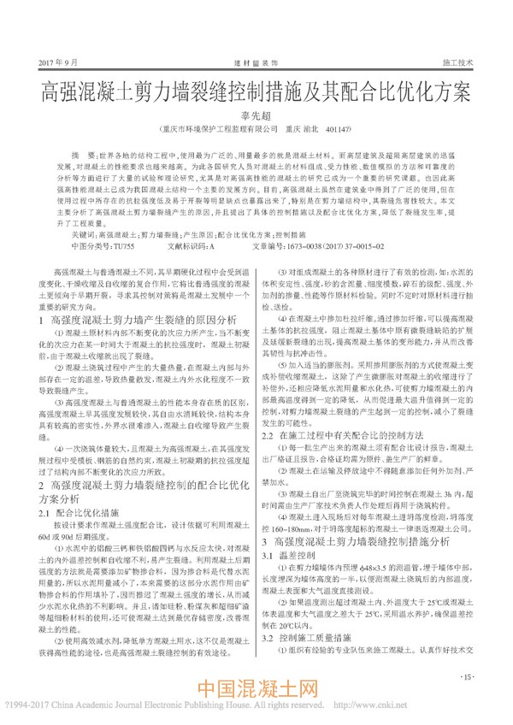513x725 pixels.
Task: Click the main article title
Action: [256, 90]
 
